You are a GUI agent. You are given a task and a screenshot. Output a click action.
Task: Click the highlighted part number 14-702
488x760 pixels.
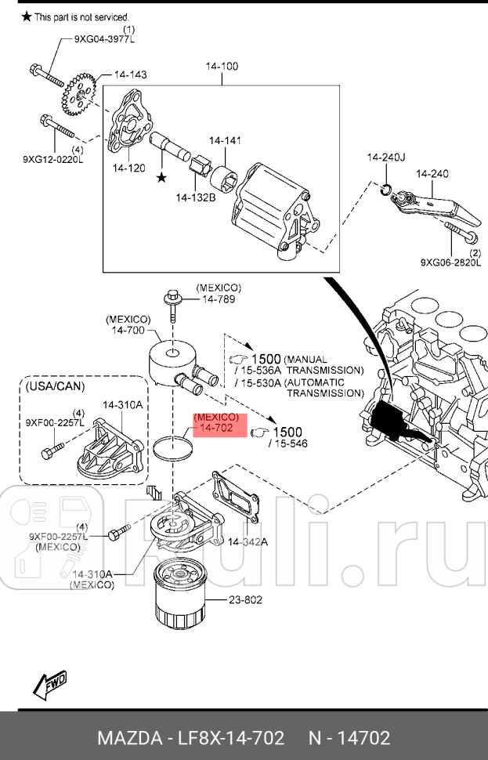pyautogui.click(x=216, y=429)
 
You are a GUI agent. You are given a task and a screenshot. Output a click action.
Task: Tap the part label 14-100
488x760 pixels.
pyautogui.click(x=222, y=67)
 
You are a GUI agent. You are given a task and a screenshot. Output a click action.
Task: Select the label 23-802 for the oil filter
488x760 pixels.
pyautogui.click(x=245, y=599)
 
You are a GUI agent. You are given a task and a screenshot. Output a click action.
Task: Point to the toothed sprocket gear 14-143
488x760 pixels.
pyautogui.click(x=77, y=92)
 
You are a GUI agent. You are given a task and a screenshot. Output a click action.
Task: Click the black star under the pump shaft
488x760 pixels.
pyautogui.click(x=161, y=178)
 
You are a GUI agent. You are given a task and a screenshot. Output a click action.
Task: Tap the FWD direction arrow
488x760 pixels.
pyautogui.click(x=49, y=684)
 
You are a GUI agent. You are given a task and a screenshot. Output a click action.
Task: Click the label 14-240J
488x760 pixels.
pyautogui.click(x=385, y=157)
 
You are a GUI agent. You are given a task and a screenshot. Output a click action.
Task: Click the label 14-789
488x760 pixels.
pyautogui.click(x=218, y=299)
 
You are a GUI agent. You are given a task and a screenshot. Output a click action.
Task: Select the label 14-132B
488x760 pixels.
pyautogui.click(x=195, y=197)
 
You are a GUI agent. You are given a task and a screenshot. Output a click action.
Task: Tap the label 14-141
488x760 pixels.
pyautogui.click(x=225, y=140)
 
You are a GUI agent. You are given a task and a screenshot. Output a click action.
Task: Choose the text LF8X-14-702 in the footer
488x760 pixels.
pyautogui.click(x=230, y=738)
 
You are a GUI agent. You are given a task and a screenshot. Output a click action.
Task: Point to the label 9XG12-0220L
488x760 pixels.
pyautogui.click(x=52, y=160)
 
